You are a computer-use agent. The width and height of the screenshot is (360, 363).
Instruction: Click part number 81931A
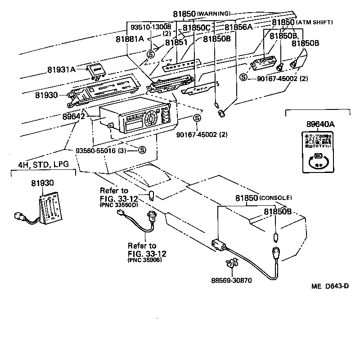pos(61,70)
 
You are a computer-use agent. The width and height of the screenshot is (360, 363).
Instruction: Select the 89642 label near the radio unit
pos(75,116)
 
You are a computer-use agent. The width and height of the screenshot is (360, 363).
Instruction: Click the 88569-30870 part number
pos(231,280)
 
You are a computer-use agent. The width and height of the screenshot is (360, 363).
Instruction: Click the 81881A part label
pos(130,39)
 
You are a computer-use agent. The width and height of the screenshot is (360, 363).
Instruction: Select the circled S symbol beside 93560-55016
pos(141,150)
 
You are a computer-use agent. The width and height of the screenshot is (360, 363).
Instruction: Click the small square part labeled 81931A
pos(96,69)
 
